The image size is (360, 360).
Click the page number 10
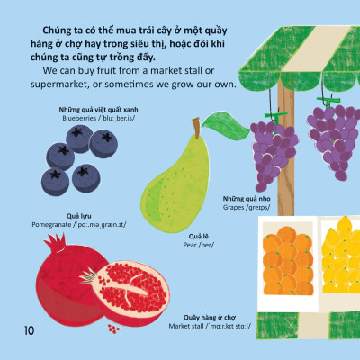pos(30,330)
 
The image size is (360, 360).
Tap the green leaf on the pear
pos(226,125)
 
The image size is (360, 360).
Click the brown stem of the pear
pos(196,128)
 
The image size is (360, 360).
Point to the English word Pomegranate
pos(51,225)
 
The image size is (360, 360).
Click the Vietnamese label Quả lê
pos(199,237)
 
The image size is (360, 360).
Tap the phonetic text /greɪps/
pos(258,207)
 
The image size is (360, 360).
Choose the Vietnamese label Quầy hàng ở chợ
pos(210,318)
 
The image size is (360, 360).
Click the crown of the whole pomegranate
pos(56,242)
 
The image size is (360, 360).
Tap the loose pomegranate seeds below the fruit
pos(113,328)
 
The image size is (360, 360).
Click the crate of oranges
pos(288,260)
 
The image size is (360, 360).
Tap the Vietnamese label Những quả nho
pos(247,199)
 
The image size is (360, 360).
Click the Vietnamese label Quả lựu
pos(79,216)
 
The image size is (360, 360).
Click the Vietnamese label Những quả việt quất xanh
pos(98,110)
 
